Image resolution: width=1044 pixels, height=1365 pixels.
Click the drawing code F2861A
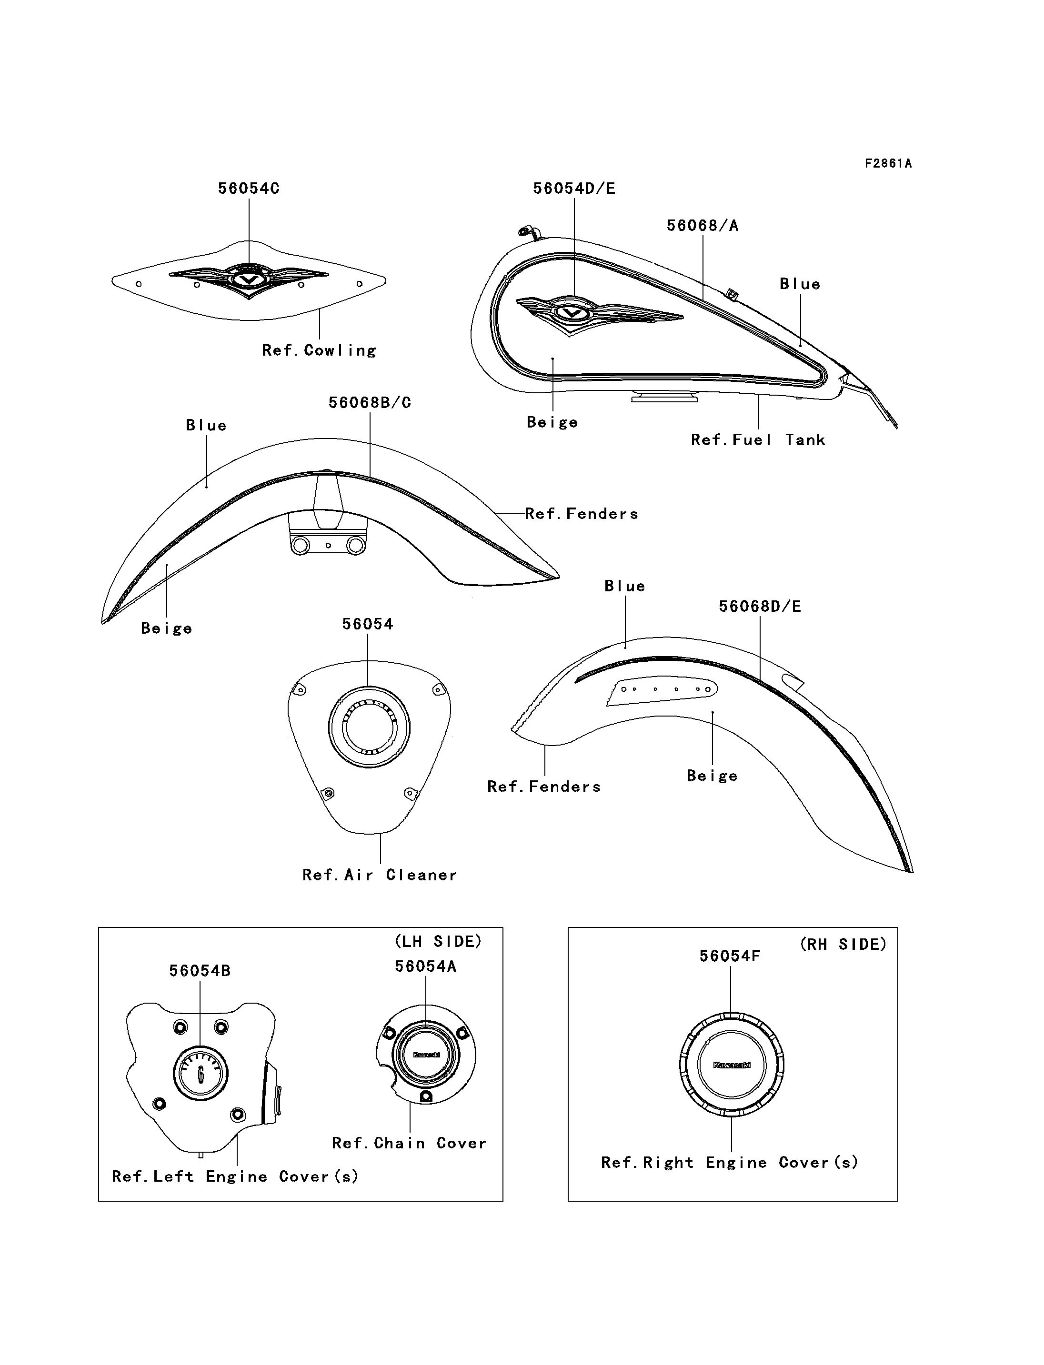tap(888, 163)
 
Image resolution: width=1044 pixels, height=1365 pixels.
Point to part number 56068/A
tap(702, 226)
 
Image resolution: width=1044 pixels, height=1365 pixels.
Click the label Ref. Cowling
tap(319, 350)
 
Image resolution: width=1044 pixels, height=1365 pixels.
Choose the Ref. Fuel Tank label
tap(758, 440)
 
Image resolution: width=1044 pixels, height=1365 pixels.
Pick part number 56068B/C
tap(370, 403)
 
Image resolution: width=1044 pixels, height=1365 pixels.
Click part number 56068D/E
tap(759, 607)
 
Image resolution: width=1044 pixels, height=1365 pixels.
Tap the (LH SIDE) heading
tap(438, 941)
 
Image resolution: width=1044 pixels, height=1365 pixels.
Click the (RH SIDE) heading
tap(843, 945)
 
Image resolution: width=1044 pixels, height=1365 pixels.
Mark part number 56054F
tap(730, 956)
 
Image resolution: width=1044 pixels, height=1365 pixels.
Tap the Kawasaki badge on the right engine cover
tap(732, 1065)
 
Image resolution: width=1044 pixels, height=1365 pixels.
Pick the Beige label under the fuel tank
tap(552, 422)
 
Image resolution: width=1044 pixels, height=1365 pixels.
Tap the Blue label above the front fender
tap(206, 426)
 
